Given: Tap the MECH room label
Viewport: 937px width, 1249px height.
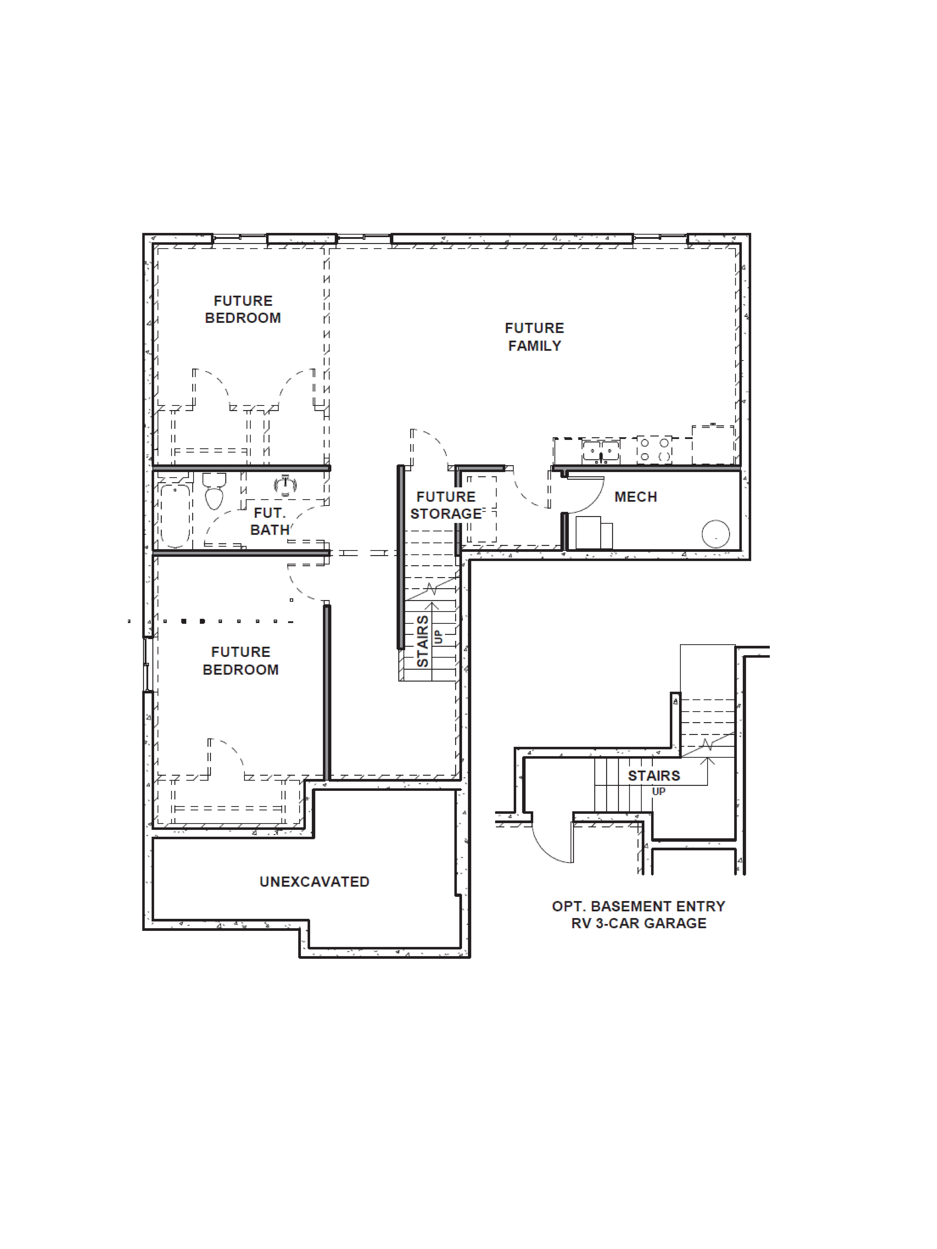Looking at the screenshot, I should [635, 497].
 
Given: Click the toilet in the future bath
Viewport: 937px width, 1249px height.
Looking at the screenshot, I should [214, 491].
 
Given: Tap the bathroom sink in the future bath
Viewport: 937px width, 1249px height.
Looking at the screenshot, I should [285, 486].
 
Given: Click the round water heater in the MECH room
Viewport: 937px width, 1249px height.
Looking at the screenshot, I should [716, 534].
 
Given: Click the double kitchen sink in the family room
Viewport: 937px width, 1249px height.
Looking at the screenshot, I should [601, 452].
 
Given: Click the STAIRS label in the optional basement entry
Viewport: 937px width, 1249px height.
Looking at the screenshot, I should [654, 776].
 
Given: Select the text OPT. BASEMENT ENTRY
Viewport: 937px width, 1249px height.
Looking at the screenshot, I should [638, 906].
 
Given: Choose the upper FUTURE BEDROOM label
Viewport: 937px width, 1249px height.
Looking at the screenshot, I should [243, 309].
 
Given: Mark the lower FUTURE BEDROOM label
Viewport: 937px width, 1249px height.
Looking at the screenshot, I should [241, 661].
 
